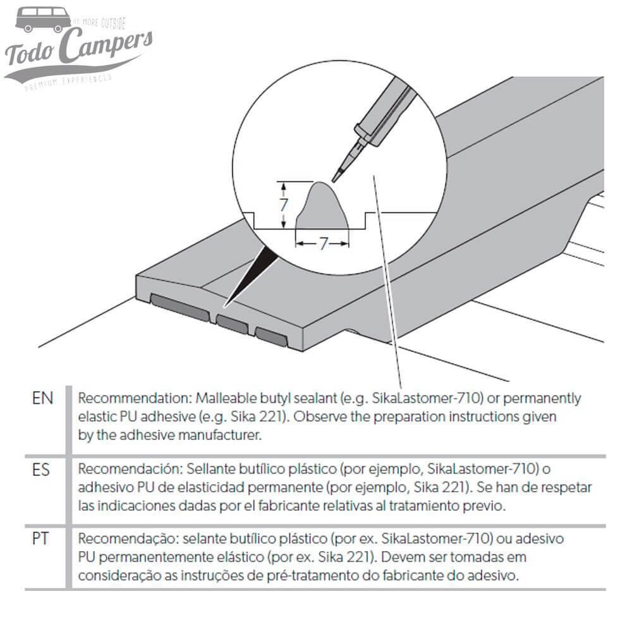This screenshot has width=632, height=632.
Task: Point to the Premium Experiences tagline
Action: pos(68,81)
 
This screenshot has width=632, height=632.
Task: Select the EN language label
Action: pos(42,399)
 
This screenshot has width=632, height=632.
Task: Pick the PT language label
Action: pos(41,540)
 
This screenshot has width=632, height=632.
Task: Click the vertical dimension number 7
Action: pos(284,204)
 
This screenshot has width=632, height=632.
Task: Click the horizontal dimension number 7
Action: pos(323,243)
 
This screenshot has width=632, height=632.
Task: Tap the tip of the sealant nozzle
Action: pos(335,176)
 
